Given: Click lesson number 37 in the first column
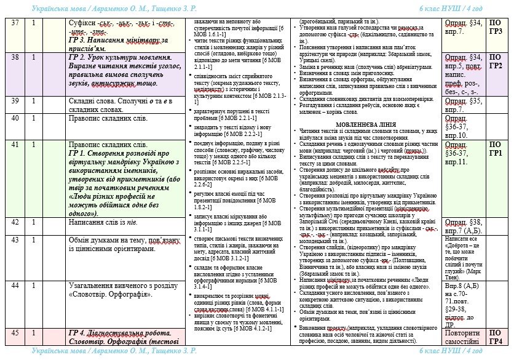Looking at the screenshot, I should pos(15,23).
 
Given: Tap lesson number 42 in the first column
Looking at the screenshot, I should pos(15,223).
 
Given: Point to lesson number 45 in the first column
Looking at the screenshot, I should pos(15,333).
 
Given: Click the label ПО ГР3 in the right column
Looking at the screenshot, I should pos(496,27).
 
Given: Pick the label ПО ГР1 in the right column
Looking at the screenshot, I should pos(496,149).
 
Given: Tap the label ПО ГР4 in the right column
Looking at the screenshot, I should pos(496,337).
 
